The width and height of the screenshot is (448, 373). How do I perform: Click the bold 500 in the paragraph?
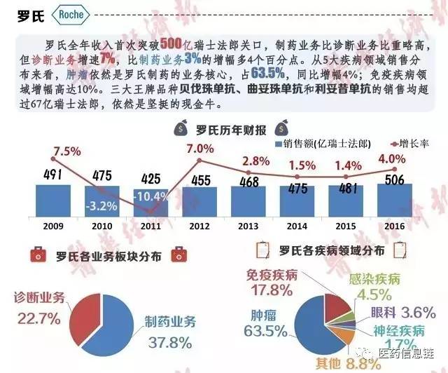pyautogui.click(x=172, y=43)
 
